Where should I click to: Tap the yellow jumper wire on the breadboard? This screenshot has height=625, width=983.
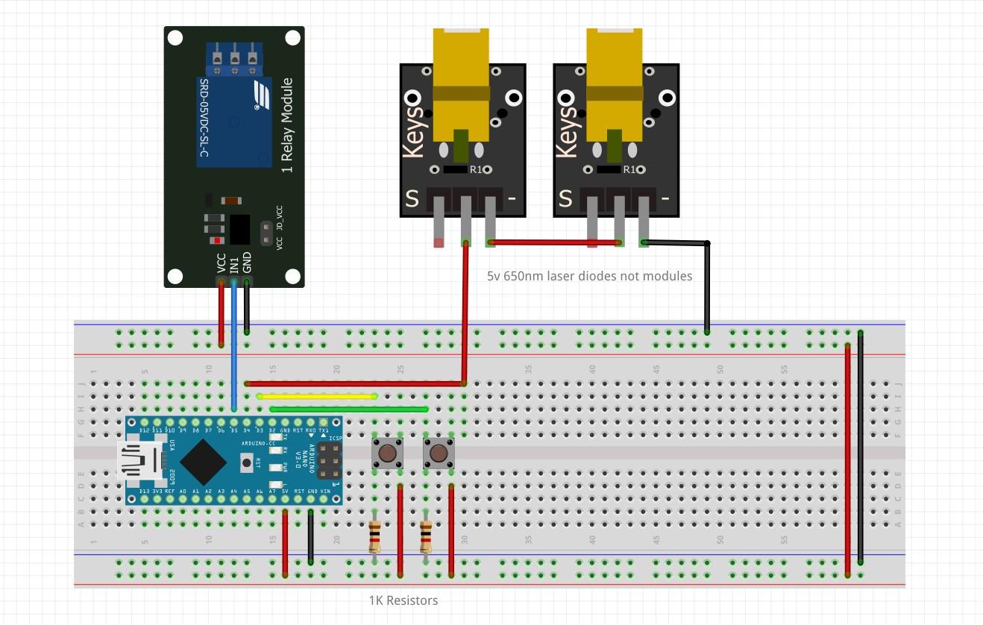point(317,397)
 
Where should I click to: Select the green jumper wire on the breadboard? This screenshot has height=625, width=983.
point(349,409)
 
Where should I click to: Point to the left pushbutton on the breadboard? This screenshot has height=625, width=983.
point(387,453)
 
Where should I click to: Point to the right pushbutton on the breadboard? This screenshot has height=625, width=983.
point(439,453)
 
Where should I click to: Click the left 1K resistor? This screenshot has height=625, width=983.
point(375,536)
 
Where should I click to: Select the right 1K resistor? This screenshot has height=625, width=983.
point(426,536)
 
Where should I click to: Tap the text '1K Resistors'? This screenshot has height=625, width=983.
point(403,600)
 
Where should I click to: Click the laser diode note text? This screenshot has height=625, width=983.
point(589,276)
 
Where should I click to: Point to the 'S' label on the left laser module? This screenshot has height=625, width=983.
point(412,198)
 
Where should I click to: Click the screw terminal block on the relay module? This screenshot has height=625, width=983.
point(234,58)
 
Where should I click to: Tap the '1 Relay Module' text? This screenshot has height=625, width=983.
point(287,125)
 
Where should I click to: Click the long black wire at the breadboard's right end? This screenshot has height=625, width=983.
point(861,447)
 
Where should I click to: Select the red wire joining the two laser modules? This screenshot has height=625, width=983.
point(556,242)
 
